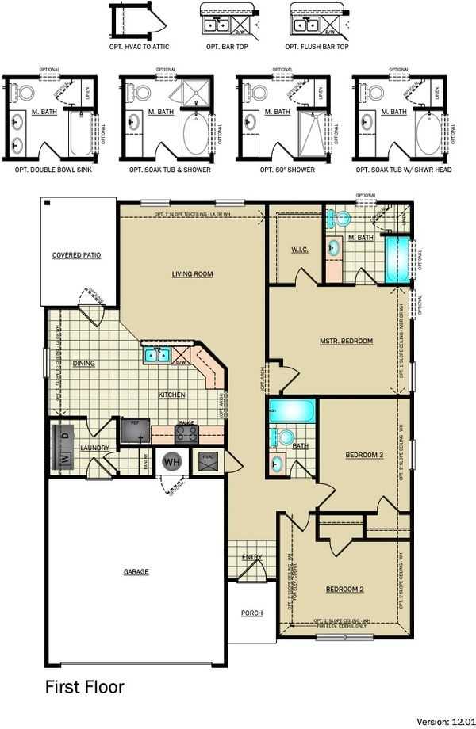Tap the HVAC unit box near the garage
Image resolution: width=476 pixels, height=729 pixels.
coord(207,462)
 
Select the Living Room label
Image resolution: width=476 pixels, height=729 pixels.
coord(193,274)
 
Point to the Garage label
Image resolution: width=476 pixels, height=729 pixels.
coord(136,571)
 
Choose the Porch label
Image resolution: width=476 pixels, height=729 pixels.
coord(251,613)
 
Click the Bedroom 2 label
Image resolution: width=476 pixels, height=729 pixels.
coord(344,589)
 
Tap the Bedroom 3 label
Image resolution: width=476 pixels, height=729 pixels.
coord(364,455)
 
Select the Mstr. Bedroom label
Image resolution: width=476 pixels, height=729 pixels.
coord(346,341)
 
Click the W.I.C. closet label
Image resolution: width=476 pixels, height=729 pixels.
coord(299,250)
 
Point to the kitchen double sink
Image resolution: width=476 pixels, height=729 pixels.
coord(155,354)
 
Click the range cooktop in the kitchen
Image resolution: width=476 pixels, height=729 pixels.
coord(186,433)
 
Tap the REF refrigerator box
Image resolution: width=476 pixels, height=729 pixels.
coord(134,431)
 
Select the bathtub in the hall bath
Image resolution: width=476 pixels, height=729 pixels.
coord(292,411)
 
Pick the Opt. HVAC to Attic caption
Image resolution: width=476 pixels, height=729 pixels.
coord(140,47)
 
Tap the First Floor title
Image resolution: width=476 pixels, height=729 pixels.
coord(84,686)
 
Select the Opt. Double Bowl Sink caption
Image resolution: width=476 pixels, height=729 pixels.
coord(52,170)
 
